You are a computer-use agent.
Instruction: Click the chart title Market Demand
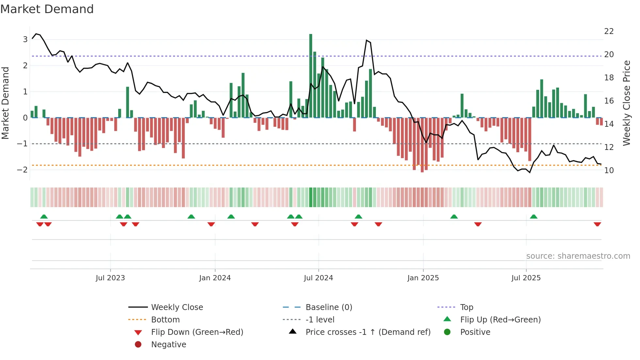point(47,9)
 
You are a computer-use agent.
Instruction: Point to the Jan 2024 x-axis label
point(215,278)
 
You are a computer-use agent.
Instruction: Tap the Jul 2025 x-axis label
point(526,278)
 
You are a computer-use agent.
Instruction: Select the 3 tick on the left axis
point(25,40)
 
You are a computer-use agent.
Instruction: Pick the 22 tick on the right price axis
point(609,31)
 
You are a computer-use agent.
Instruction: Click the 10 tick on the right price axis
point(609,171)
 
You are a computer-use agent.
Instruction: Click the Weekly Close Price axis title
point(626,103)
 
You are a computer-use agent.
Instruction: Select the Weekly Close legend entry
point(177,307)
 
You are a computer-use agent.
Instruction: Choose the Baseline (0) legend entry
point(328,307)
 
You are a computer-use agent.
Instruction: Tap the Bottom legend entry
point(165,320)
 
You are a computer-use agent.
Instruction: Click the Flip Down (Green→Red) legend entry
point(197,332)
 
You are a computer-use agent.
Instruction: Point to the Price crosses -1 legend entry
point(368,332)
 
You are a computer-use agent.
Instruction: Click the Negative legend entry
point(168,345)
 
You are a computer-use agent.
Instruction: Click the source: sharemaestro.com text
point(578,256)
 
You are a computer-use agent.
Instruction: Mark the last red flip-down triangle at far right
point(597,224)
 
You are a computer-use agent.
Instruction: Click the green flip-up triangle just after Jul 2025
point(534,217)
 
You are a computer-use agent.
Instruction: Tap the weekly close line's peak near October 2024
point(367,40)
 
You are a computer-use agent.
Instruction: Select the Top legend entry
point(466,307)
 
